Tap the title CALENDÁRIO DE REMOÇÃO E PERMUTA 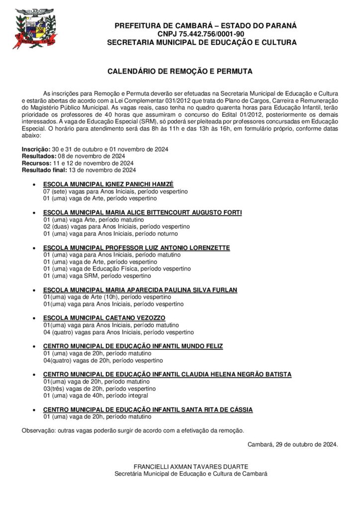[x=180, y=72]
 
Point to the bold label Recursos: [x=36, y=163]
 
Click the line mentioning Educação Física [x=117, y=268]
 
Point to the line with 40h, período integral [x=95, y=395]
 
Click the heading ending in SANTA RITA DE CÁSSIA [x=148, y=410]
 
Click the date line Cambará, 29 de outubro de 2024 [x=292, y=444]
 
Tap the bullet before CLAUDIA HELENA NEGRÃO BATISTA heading [x=33, y=374]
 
